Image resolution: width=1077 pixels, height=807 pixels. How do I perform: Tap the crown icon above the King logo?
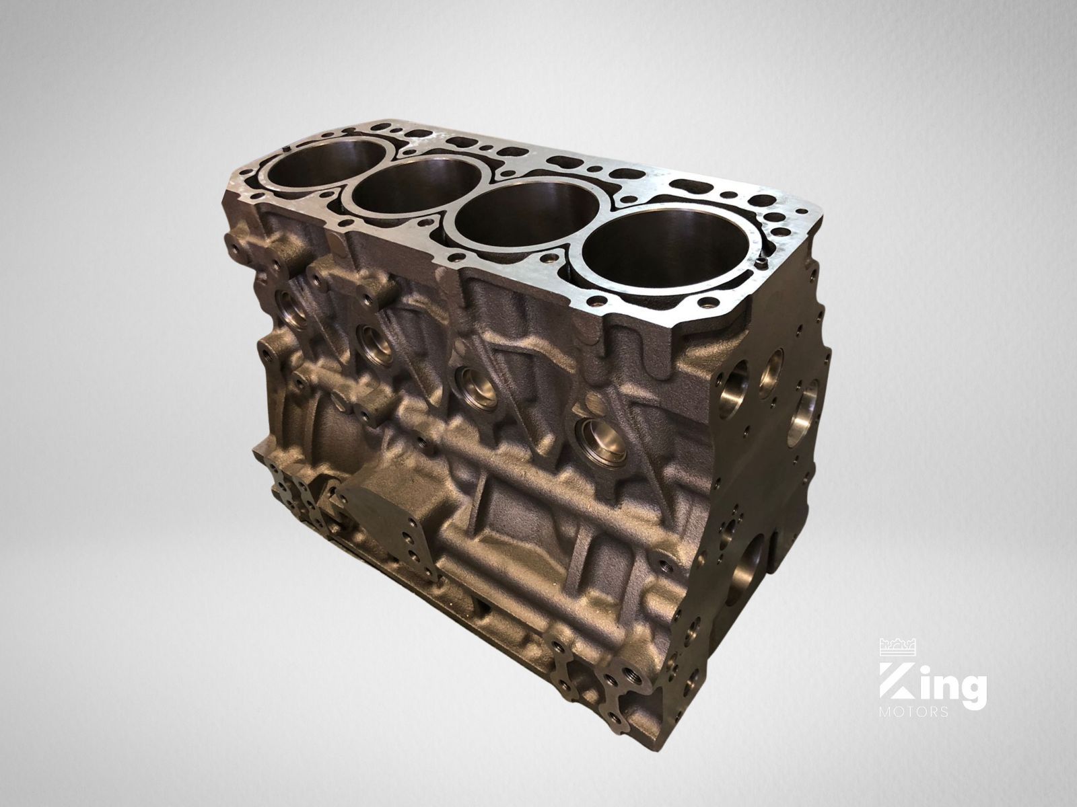tap(899, 646)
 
